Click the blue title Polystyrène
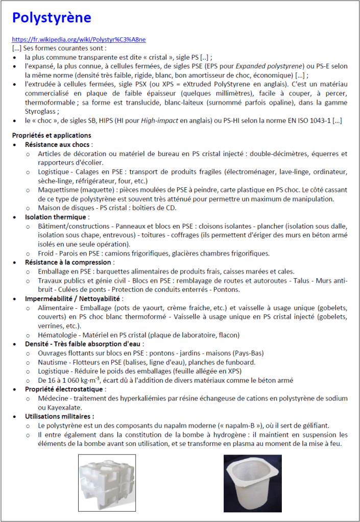(52, 18)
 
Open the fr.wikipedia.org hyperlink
(79, 40)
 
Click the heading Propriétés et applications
(52, 135)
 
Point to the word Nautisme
(53, 362)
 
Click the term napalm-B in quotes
(246, 426)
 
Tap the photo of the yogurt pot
(252, 483)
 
